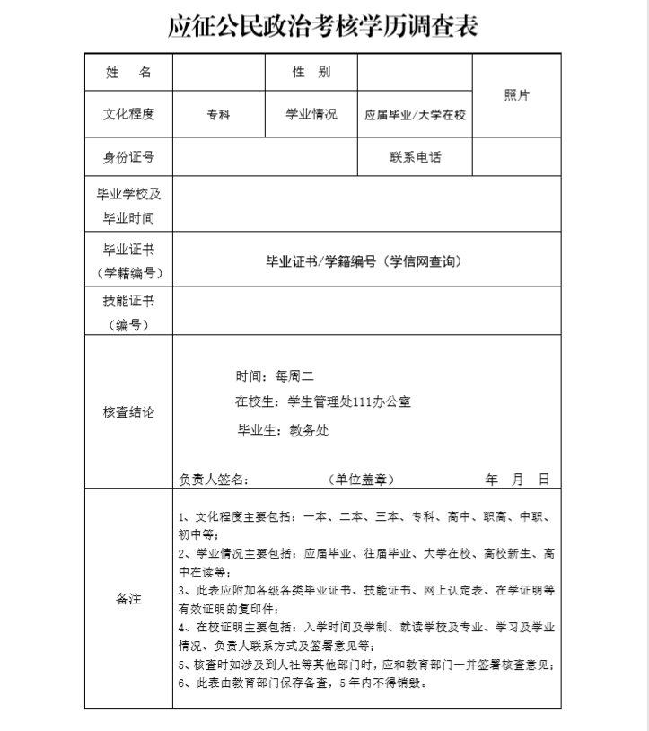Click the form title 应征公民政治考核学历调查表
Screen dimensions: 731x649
(323, 27)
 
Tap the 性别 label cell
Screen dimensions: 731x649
(311, 72)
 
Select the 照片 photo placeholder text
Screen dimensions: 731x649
(516, 96)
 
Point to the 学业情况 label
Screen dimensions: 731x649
(311, 114)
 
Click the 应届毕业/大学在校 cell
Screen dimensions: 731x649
(415, 115)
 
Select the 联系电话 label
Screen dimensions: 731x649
(415, 158)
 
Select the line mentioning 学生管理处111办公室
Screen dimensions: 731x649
(323, 401)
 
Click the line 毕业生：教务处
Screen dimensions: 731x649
(282, 430)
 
